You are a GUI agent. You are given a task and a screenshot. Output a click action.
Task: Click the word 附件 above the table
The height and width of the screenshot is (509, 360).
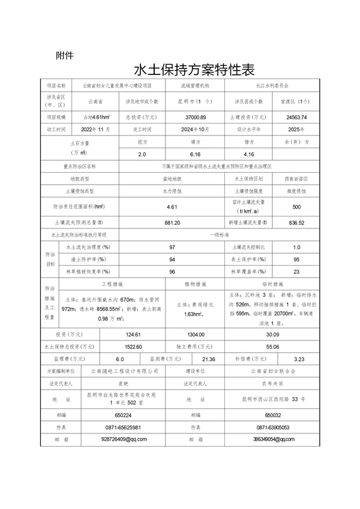tap(64, 56)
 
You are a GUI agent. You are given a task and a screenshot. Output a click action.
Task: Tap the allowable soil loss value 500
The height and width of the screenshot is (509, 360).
tap(296, 207)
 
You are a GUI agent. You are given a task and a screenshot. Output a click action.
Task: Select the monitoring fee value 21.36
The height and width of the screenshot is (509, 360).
tap(209, 359)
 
